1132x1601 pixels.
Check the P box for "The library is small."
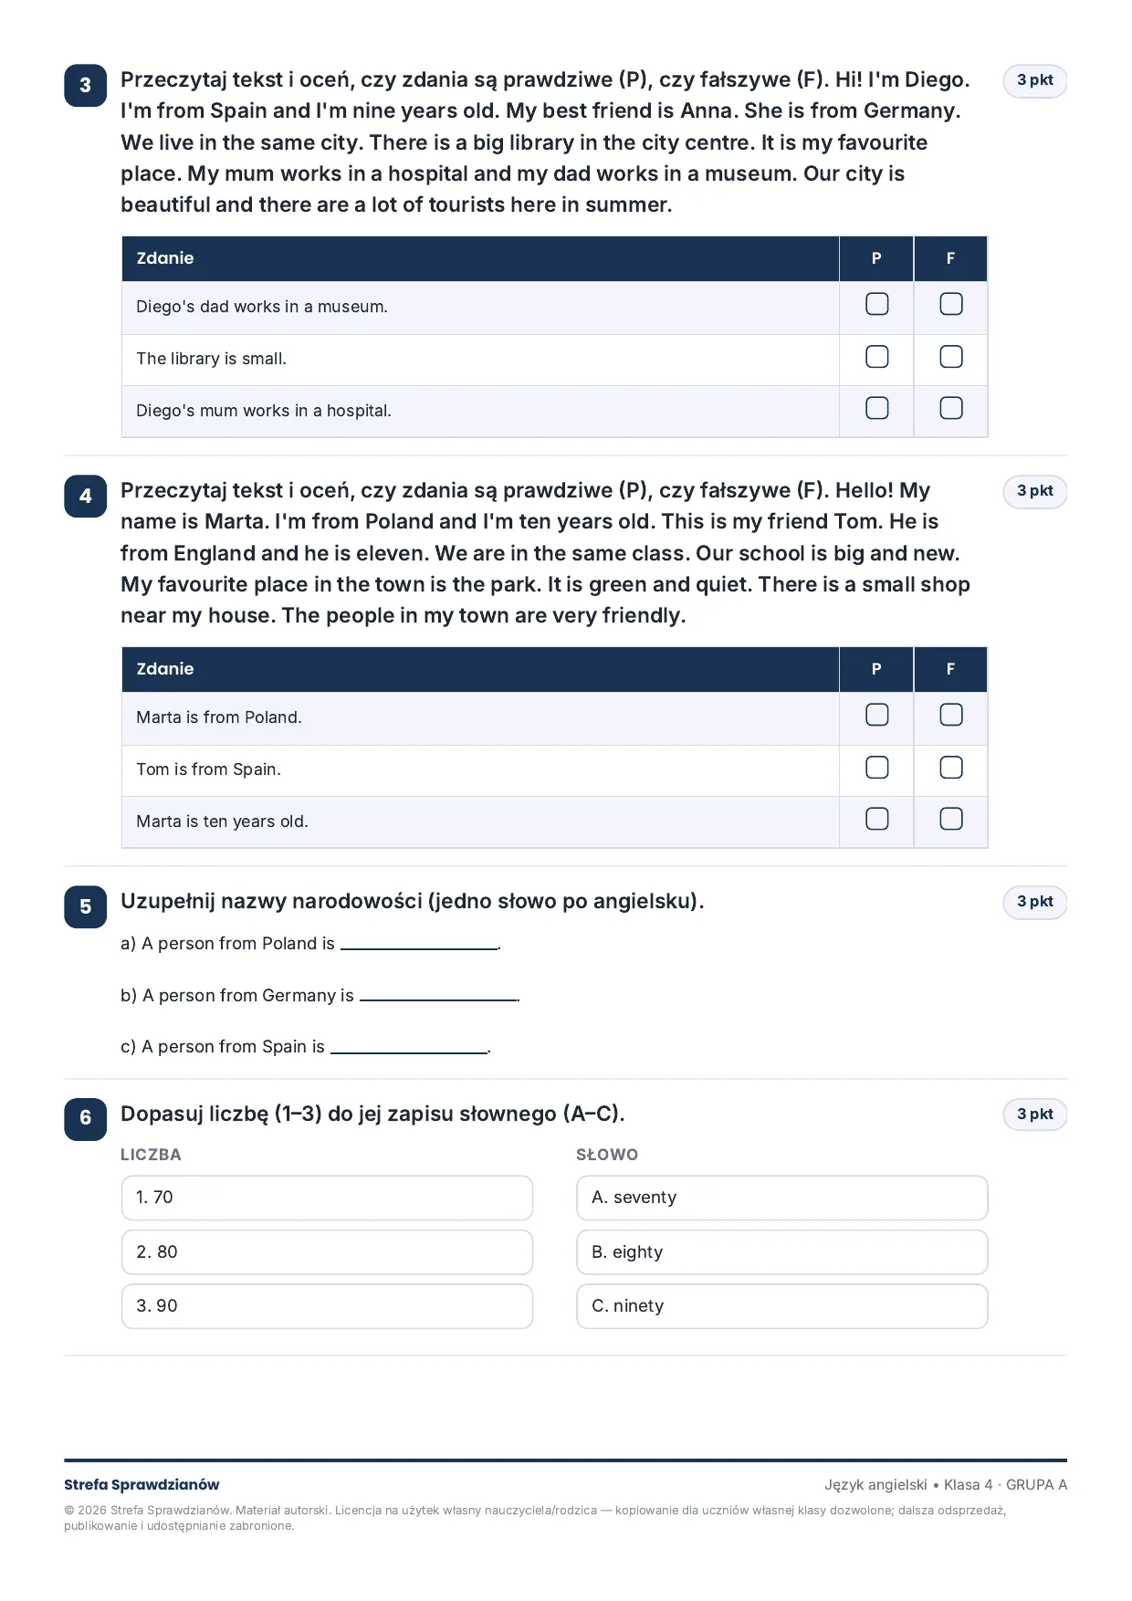(876, 357)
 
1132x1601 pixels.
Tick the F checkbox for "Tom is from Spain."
(951, 768)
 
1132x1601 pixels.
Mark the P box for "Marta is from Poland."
(876, 715)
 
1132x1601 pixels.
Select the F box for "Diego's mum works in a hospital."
(951, 408)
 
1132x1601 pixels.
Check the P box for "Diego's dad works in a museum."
(876, 304)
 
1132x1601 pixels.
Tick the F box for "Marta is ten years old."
(951, 819)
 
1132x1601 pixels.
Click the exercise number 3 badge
(86, 86)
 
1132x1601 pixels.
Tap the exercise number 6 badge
(86, 1118)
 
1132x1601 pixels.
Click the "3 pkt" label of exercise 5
(1035, 902)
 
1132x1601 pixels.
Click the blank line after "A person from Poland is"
(419, 949)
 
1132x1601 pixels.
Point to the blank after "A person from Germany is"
(439, 1000)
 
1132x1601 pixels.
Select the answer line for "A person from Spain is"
(409, 1052)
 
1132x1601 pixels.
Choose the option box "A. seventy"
(782, 1198)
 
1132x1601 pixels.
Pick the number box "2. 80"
(327, 1252)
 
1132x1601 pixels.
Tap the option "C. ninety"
(782, 1306)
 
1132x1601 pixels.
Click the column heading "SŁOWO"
(607, 1155)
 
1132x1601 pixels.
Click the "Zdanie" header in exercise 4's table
(165, 669)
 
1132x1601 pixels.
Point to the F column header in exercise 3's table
(950, 258)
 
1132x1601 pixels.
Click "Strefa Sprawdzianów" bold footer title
(141, 1485)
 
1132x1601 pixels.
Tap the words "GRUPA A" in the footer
(1036, 1485)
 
